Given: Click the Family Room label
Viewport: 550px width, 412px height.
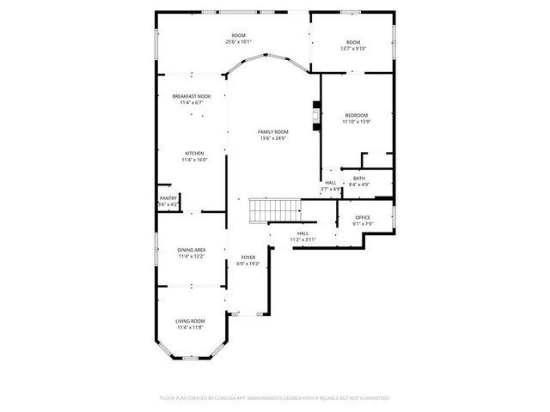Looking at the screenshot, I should tap(272, 131).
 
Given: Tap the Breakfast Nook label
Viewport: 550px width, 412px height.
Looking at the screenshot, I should tap(192, 96).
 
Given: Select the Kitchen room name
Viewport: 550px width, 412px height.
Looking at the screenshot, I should tap(193, 153).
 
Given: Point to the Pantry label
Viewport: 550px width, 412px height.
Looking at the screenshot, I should tap(168, 198).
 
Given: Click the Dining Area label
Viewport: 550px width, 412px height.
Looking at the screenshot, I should tap(192, 249).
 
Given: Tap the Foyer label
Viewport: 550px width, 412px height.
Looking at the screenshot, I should tap(247, 257).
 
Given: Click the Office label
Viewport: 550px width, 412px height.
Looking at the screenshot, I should tap(363, 217).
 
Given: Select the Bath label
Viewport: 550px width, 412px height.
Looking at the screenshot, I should tap(358, 178).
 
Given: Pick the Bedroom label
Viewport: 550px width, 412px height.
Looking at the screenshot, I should tap(356, 115).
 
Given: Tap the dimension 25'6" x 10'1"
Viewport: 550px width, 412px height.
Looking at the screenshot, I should tap(238, 41).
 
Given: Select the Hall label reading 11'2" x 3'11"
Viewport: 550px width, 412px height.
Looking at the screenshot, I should tap(302, 239).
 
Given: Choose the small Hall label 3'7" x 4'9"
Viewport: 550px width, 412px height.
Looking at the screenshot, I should tap(331, 188).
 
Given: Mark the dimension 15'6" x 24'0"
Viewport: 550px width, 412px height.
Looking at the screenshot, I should tap(272, 138).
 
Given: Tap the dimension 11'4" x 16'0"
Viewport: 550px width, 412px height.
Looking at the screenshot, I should tap(193, 160).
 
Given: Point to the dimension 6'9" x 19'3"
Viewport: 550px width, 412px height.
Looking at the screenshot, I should tap(247, 264).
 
